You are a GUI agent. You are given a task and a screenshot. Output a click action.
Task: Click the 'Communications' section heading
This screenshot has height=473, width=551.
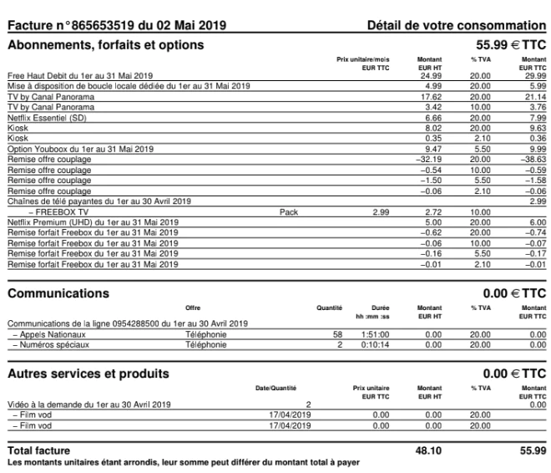point(56,293)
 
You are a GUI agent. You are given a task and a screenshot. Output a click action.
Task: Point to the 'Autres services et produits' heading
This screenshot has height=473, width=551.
point(87,371)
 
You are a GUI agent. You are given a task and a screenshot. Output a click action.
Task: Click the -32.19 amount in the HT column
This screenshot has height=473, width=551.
point(427,156)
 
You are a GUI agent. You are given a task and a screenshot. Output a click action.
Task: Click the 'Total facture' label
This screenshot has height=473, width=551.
point(39,450)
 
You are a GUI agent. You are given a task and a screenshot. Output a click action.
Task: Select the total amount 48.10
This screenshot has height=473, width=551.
point(425,450)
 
